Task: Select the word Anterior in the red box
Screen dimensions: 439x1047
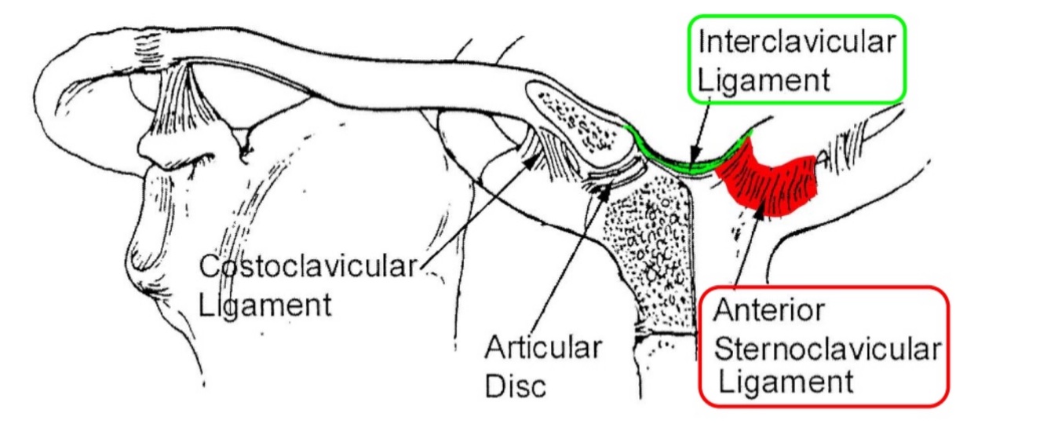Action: tap(768, 311)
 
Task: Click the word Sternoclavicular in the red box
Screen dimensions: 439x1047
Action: tap(826, 348)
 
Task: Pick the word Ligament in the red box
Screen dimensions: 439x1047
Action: tap(786, 383)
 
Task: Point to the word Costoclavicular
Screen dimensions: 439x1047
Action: tap(306, 266)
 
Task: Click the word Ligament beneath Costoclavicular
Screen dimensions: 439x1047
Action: tap(265, 304)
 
